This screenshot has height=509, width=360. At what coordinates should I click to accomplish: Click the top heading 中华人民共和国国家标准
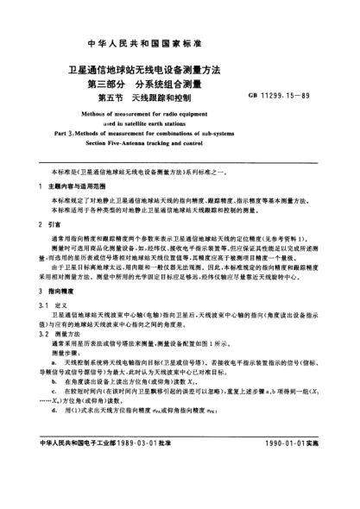click(180, 42)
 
